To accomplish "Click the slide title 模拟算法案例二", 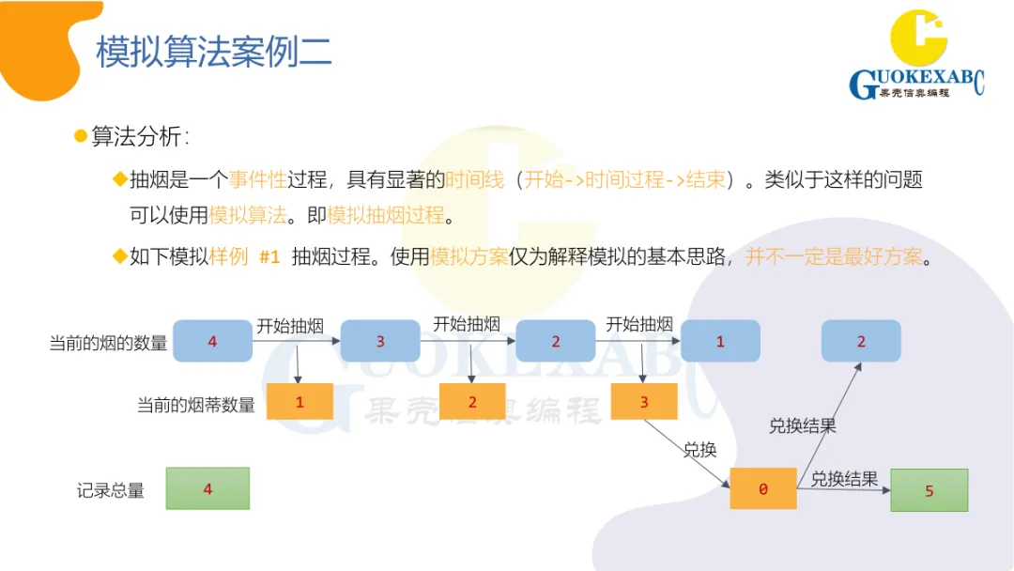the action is click(214, 53).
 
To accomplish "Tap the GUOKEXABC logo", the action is click(916, 56).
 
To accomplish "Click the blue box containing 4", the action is click(212, 341).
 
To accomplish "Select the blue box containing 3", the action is click(379, 341).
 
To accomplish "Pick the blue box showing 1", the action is click(720, 341).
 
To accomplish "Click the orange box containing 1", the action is click(300, 402).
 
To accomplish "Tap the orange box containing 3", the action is click(643, 402).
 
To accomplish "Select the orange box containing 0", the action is click(762, 488).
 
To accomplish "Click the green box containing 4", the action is click(207, 488).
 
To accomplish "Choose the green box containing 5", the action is click(929, 490).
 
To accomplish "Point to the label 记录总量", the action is click(111, 490).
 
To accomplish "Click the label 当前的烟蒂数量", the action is click(196, 405).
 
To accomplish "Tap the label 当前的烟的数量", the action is click(108, 344).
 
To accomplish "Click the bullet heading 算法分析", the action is click(140, 137).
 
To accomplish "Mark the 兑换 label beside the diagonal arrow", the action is click(699, 450).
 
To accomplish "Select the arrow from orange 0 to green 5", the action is click(843, 489).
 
